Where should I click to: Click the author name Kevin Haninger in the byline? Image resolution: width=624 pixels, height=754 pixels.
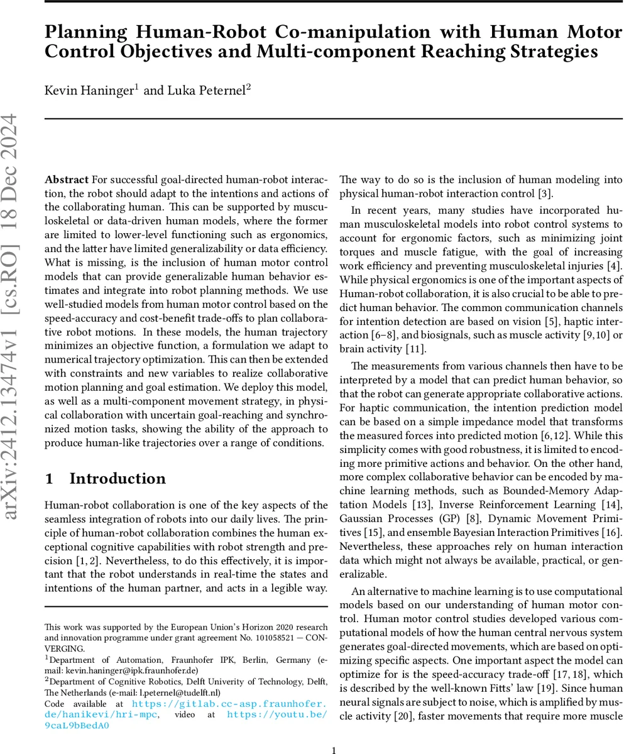click(x=90, y=90)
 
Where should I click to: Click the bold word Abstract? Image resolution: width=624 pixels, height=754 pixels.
click(x=66, y=179)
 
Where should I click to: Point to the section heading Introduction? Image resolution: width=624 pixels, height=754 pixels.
click(x=117, y=479)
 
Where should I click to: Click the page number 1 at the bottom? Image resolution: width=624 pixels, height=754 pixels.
click(x=334, y=749)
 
